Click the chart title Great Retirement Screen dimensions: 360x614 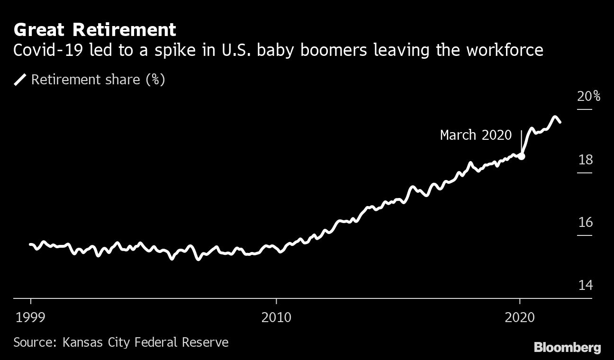tap(95, 30)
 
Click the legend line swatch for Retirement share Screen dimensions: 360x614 tap(20, 80)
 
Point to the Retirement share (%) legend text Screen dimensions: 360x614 tap(98, 80)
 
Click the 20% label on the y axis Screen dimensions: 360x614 tap(588, 97)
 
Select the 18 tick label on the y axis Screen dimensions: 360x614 tap(585, 160)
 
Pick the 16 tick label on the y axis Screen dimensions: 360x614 tap(585, 223)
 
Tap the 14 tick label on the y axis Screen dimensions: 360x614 tap(585, 285)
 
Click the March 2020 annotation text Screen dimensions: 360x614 tap(476, 135)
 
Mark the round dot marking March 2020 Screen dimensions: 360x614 tap(522, 156)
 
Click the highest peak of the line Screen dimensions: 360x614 tap(554, 117)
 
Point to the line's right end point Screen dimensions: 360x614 tap(560, 122)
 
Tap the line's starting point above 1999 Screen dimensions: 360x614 tap(30, 244)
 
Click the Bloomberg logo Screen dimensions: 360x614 tap(567, 348)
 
